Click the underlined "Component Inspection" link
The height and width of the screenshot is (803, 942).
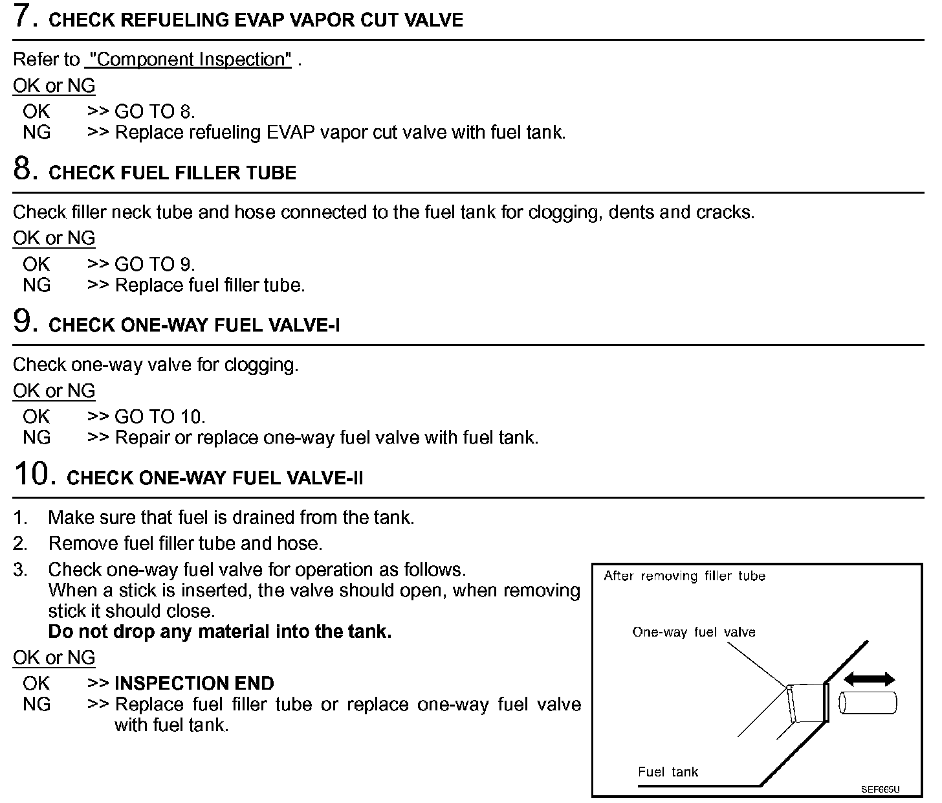pos(189,60)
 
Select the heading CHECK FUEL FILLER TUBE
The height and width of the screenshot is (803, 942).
pos(172,173)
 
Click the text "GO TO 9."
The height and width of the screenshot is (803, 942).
pos(155,264)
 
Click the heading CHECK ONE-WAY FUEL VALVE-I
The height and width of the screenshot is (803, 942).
pos(194,325)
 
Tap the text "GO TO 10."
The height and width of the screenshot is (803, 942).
pos(160,417)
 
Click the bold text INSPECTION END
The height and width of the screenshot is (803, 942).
pos(194,683)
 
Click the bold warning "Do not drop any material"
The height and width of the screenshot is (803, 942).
pos(220,631)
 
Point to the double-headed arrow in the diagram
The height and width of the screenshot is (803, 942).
pos(869,679)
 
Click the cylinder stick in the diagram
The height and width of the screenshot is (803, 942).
pos(868,703)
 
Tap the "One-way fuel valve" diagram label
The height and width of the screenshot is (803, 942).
pos(694,633)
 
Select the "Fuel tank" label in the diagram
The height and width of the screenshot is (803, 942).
pos(668,772)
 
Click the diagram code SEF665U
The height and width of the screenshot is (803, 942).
pos(880,790)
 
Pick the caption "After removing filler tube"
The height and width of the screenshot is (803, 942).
pos(684,576)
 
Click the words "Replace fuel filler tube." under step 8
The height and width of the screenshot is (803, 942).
pos(210,285)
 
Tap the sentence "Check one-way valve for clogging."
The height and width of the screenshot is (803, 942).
pos(155,365)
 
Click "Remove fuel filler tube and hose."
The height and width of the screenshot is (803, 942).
pos(185,543)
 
